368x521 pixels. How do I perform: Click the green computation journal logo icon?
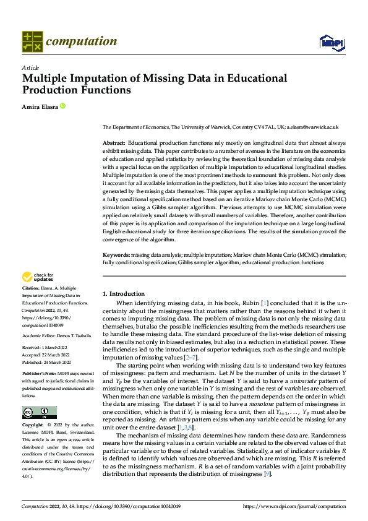point(32,41)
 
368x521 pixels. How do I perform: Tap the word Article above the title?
point(30,67)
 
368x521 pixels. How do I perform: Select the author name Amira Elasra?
point(40,106)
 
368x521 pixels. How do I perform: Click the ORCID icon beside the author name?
point(62,106)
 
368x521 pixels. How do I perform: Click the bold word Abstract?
point(114,143)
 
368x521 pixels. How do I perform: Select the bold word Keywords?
point(116,254)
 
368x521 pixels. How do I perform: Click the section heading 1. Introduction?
point(124,294)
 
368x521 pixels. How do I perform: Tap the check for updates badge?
point(38,277)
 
